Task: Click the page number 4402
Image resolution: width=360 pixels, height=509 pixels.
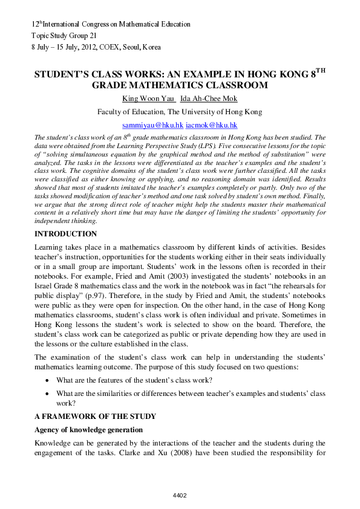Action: [x=180, y=496]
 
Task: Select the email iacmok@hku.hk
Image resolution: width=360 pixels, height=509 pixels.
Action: [x=211, y=125]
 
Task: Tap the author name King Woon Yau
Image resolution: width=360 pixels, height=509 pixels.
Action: [x=148, y=99]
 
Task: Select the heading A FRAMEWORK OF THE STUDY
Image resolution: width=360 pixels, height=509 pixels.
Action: [x=95, y=417]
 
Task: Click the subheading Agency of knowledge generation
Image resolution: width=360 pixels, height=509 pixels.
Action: [x=88, y=430]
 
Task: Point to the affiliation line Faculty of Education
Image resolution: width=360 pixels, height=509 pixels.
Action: [x=180, y=112]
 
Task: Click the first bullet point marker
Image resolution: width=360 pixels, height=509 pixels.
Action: [x=48, y=381]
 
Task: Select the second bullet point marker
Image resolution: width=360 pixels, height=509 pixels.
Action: [x=48, y=394]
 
